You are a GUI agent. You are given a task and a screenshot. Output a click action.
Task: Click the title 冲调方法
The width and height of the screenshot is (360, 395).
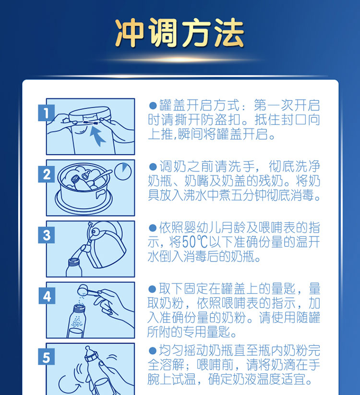[180, 33]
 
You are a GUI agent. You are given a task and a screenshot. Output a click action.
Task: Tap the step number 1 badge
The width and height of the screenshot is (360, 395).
[46, 113]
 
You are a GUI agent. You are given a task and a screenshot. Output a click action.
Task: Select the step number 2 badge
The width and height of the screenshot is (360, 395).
[46, 174]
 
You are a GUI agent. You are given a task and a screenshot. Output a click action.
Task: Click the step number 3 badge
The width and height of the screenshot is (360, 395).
[46, 235]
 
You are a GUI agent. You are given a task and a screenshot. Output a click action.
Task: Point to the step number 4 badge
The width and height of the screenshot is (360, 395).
[47, 296]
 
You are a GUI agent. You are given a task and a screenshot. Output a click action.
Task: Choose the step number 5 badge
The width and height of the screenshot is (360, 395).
[46, 357]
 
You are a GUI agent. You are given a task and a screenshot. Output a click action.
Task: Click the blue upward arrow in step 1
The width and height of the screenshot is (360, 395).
[97, 136]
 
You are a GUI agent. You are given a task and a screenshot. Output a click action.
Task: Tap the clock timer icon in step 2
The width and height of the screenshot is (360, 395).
[123, 171]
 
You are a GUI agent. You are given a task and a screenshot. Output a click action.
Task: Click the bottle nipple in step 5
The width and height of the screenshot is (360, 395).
[89, 351]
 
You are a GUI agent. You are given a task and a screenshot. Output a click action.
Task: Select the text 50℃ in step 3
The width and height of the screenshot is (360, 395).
[195, 242]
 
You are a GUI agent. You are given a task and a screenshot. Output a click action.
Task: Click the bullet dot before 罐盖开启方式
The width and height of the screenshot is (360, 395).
[153, 106]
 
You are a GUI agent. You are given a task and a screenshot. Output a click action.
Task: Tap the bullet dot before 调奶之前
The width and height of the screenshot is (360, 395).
[153, 167]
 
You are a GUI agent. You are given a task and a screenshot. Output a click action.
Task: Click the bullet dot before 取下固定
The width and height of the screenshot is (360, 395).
[153, 289]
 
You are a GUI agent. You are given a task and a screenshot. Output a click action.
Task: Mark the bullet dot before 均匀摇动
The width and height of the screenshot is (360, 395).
[153, 350]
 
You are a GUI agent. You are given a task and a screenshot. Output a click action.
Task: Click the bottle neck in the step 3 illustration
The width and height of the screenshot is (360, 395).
[74, 262]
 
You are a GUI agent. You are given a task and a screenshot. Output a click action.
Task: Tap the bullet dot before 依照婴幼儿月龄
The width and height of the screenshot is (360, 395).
[153, 228]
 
